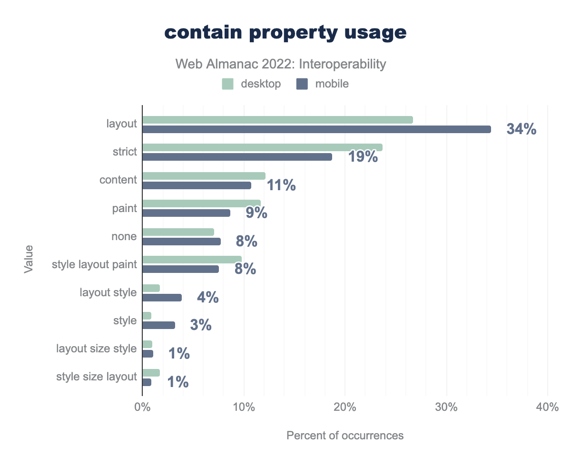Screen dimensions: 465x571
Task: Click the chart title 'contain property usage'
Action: coord(285,32)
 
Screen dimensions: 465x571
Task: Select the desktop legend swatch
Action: coord(227,84)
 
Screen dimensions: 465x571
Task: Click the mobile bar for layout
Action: coord(316,129)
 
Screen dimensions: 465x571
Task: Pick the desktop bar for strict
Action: coord(262,147)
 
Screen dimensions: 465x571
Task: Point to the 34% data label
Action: coord(522,129)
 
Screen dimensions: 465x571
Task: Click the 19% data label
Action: coord(363,156)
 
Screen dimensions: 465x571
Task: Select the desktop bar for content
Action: coord(204,176)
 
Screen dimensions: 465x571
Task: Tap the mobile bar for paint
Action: coord(186,213)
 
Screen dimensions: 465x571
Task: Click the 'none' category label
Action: coord(125,236)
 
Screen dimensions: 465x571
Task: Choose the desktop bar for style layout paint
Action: coord(192,259)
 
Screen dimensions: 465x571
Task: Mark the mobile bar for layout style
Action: coord(162,298)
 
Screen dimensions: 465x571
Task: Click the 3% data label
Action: coord(200,325)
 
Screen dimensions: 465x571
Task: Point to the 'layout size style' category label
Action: coord(97,349)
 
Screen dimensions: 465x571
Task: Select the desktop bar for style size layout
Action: coord(151,373)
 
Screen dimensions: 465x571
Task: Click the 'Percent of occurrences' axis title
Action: coord(345,435)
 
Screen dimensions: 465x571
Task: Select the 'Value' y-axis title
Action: coord(29,259)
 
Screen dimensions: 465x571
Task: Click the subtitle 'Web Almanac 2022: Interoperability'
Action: coord(280,64)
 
